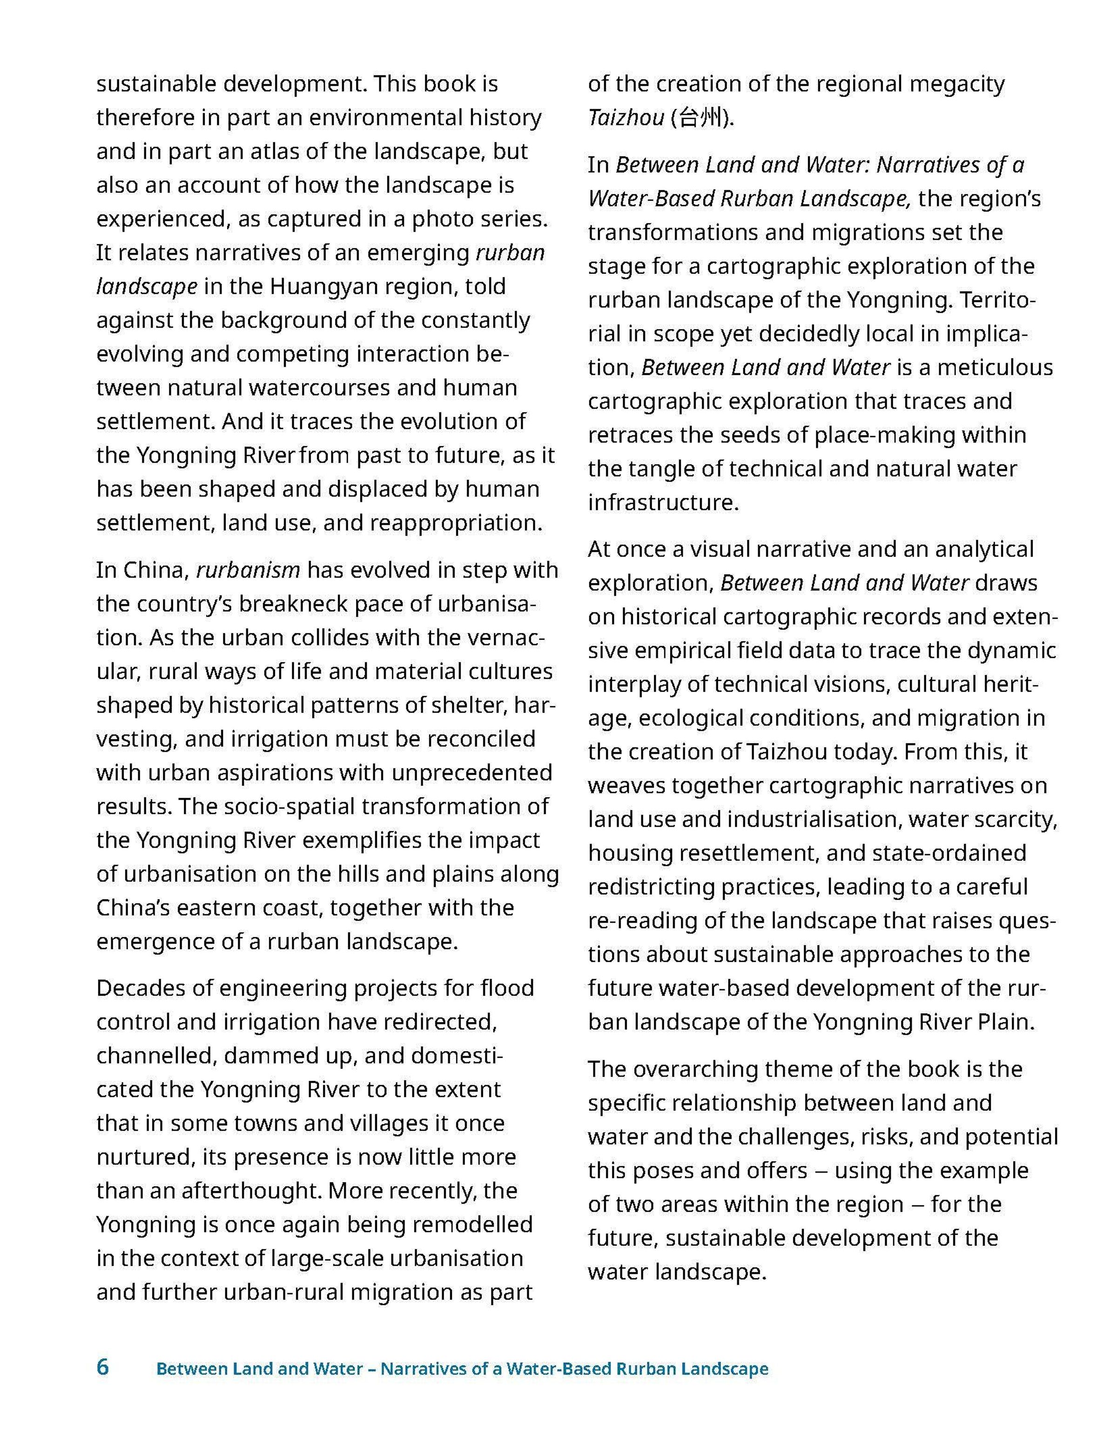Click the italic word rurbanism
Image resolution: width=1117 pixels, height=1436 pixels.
click(248, 570)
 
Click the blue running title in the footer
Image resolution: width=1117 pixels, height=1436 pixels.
click(462, 1369)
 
